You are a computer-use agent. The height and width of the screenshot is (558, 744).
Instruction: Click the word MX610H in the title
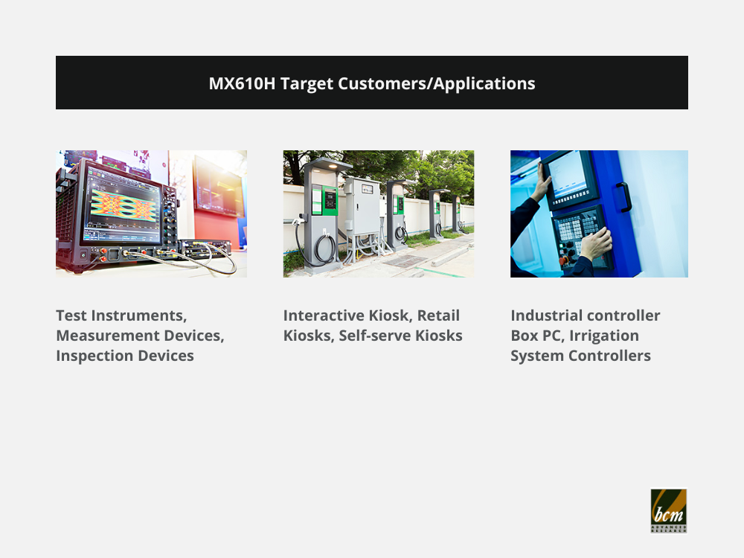[242, 83]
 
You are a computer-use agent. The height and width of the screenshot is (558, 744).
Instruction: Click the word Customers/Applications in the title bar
[437, 84]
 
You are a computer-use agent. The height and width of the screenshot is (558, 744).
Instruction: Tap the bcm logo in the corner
[669, 511]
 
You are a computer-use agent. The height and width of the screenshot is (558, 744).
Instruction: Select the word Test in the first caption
[71, 315]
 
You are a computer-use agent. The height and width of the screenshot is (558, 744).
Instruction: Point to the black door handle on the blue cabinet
[623, 197]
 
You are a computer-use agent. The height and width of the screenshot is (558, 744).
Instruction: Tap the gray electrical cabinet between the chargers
[362, 206]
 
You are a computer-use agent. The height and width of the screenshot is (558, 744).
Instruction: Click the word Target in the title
[307, 84]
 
